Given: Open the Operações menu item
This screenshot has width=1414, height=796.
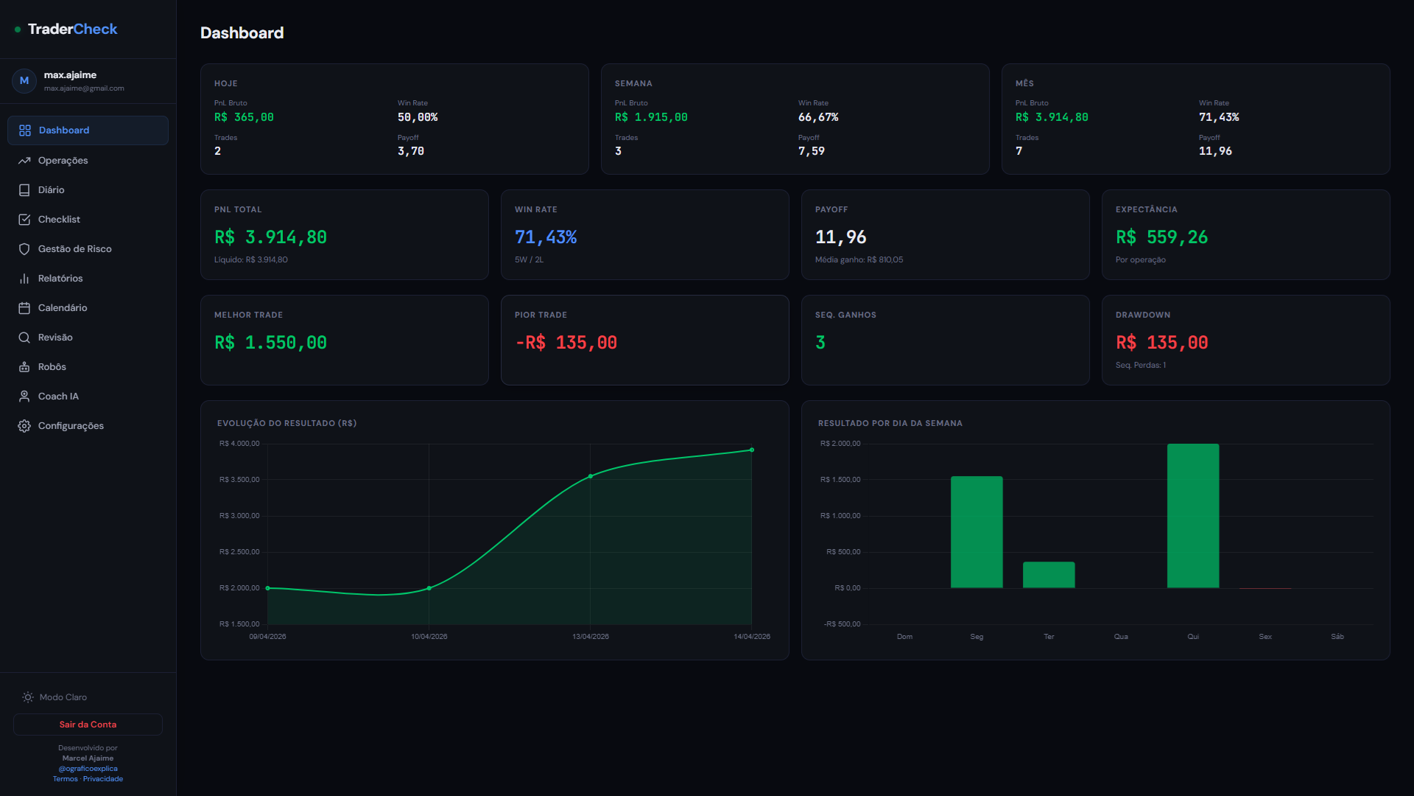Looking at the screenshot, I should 63,161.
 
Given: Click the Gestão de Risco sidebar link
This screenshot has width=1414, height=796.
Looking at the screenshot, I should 74,249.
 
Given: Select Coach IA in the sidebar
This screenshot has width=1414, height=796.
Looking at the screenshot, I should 58,397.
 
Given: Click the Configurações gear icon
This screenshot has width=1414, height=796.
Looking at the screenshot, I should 24,426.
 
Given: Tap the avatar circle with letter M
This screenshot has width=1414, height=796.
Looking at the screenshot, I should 24,81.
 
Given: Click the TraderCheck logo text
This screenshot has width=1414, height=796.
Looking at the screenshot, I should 72,29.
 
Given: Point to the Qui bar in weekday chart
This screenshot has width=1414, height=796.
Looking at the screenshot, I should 1192,516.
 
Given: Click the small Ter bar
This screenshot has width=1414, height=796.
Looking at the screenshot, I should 1048,575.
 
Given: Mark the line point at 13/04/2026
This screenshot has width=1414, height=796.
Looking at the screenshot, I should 591,477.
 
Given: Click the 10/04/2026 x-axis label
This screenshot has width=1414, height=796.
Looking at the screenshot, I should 429,637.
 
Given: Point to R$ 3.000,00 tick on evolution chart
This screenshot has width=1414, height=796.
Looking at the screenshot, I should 239,516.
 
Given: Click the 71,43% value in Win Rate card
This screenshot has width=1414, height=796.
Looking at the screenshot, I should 545,237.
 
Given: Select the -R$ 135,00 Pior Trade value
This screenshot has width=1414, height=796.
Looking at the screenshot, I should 566,343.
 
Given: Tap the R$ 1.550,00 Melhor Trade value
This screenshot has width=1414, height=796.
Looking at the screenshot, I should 270,343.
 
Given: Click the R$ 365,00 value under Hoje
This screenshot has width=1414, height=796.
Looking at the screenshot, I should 244,117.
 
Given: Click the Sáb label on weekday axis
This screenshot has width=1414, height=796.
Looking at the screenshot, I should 1337,637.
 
